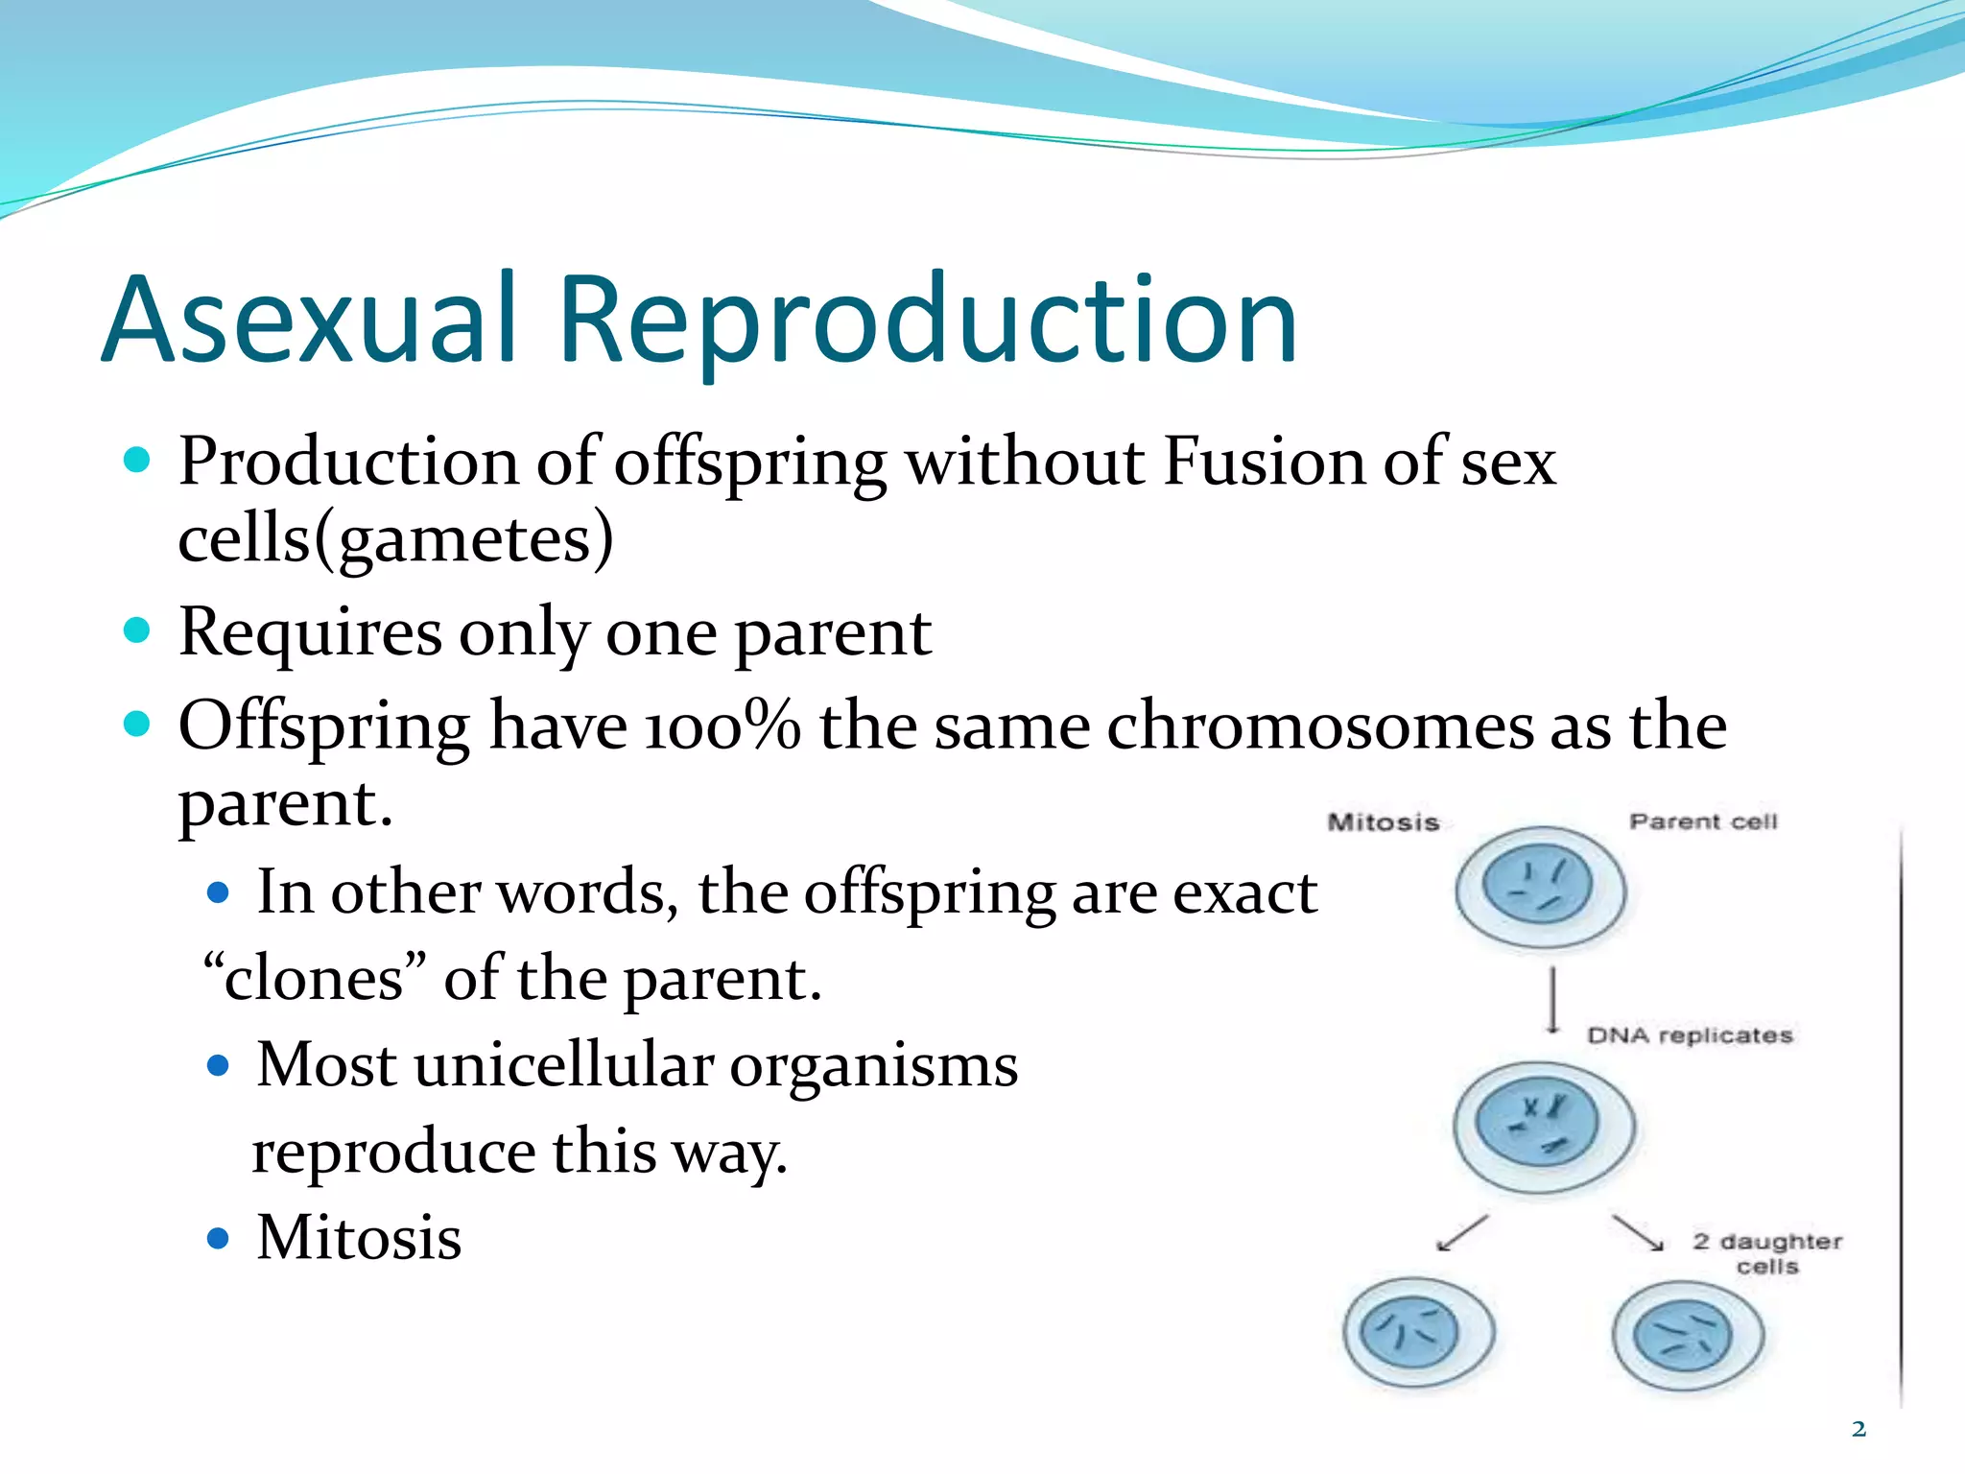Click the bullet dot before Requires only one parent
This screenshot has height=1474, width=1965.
138,630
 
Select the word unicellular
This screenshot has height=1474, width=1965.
563,1065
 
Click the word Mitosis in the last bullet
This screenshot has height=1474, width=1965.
359,1238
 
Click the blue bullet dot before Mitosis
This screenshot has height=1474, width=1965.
219,1239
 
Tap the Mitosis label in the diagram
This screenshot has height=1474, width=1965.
1383,822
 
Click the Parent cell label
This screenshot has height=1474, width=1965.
1703,821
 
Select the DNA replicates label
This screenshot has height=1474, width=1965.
1690,1035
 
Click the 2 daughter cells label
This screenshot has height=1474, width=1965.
1767,1253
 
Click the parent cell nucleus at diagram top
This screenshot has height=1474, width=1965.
1537,886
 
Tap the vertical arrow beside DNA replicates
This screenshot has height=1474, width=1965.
1552,1001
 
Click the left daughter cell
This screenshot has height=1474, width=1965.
1418,1333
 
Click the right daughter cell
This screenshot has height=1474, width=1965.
1687,1336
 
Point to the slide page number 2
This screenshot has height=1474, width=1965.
1858,1429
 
